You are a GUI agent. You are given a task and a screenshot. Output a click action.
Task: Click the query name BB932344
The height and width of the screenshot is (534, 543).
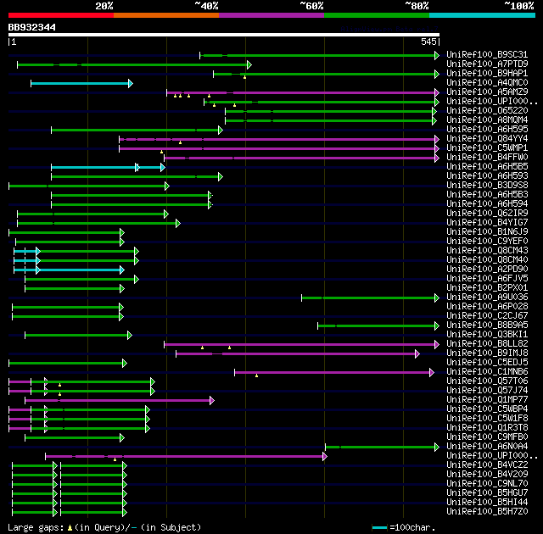coord(32,27)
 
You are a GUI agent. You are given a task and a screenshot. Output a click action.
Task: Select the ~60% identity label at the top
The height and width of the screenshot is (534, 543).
coord(311,5)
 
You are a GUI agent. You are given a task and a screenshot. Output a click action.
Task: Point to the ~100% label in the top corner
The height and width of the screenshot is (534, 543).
coord(518,5)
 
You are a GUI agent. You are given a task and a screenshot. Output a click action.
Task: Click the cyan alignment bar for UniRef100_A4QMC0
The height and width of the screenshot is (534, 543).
coord(81,83)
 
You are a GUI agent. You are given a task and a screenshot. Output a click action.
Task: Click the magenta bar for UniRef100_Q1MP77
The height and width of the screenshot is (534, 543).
coord(119,400)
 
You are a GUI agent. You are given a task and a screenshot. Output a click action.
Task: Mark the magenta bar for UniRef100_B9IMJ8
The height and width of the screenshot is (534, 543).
coord(297,353)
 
